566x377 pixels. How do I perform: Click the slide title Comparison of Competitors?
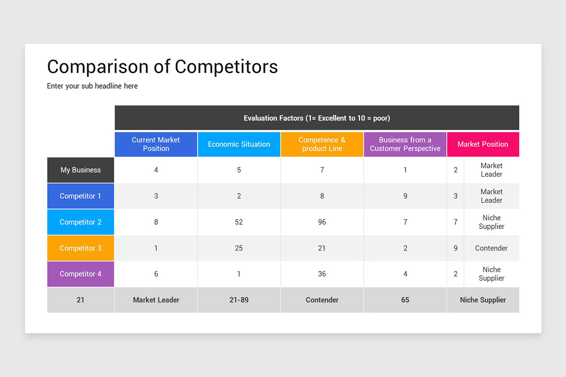[x=162, y=67]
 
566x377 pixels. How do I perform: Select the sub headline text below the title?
[x=92, y=86]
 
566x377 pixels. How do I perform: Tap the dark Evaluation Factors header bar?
[x=316, y=118]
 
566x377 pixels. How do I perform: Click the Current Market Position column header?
[x=156, y=144]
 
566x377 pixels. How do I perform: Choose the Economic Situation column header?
[x=239, y=144]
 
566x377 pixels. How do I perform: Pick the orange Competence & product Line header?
[x=322, y=144]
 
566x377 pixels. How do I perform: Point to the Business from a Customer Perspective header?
[x=405, y=144]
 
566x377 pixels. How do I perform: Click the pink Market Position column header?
[x=483, y=144]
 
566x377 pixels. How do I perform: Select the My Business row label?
[x=81, y=170]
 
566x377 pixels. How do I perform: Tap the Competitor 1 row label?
[x=81, y=196]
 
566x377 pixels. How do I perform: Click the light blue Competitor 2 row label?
[x=81, y=222]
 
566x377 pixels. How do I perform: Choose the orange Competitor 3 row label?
[x=81, y=248]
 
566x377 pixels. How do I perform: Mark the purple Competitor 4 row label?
[x=81, y=274]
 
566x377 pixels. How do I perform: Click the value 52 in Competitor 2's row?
[x=239, y=222]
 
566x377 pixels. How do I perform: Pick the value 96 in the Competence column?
[x=322, y=222]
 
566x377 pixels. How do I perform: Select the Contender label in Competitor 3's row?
[x=491, y=248]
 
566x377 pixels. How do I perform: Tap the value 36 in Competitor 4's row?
[x=322, y=274]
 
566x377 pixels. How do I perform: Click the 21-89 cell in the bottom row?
[x=239, y=300]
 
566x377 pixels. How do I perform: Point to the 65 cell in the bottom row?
[x=405, y=300]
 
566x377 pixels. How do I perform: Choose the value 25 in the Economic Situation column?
[x=239, y=248]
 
